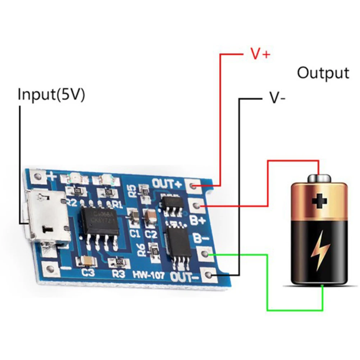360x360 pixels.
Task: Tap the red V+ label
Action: coord(260,54)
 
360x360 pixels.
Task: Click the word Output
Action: coord(323,73)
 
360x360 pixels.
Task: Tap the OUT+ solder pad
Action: coord(193,186)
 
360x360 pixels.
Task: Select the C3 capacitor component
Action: coord(87,260)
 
